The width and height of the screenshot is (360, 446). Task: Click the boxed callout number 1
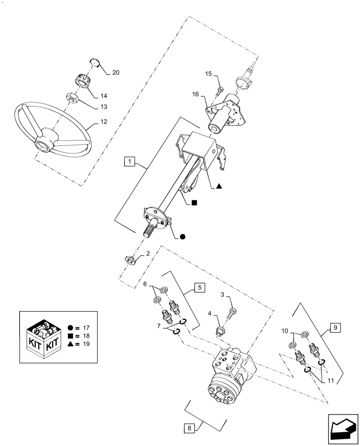(x=129, y=161)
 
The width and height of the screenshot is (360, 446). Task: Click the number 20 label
(x=115, y=72)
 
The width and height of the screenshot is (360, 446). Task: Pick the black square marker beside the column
(x=194, y=202)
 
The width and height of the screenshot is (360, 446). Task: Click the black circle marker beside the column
(x=182, y=238)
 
